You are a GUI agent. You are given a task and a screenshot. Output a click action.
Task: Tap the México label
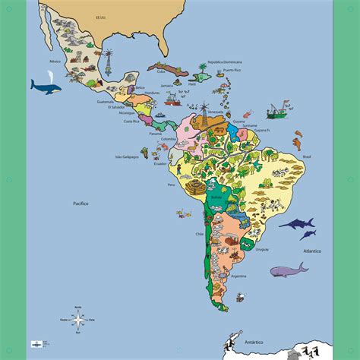click(55, 60)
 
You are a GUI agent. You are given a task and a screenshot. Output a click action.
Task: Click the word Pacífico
click(81, 204)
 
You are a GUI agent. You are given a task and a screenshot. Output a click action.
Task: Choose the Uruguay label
click(262, 248)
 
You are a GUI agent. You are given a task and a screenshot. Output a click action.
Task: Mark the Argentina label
click(238, 278)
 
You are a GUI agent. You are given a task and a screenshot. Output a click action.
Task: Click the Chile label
click(201, 234)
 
